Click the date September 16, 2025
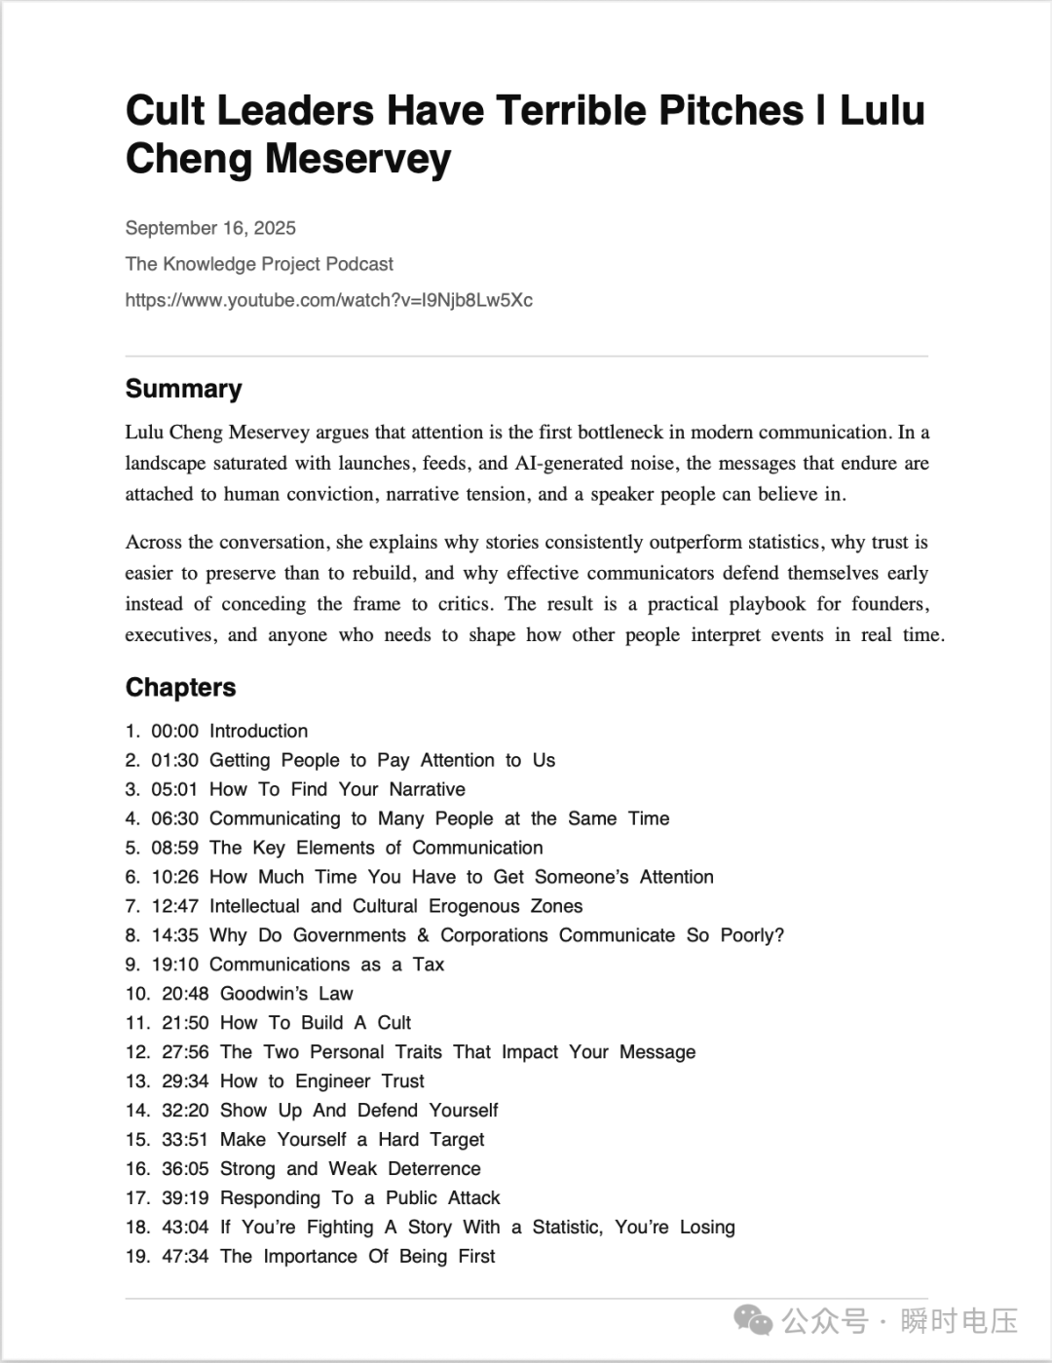pos(210,228)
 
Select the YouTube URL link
pos(328,300)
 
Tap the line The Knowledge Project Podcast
pos(259,264)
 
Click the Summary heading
pos(183,389)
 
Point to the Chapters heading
pos(180,687)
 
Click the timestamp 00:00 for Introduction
pos(174,731)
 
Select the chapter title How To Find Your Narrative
pos(337,789)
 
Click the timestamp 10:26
pos(174,877)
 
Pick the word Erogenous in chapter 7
pos(473,906)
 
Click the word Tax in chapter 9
pos(428,965)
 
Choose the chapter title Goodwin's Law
pos(286,994)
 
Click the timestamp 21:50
pos(185,1023)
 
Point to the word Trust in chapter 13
pos(402,1081)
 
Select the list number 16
pos(137,1169)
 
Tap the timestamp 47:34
pos(185,1257)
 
